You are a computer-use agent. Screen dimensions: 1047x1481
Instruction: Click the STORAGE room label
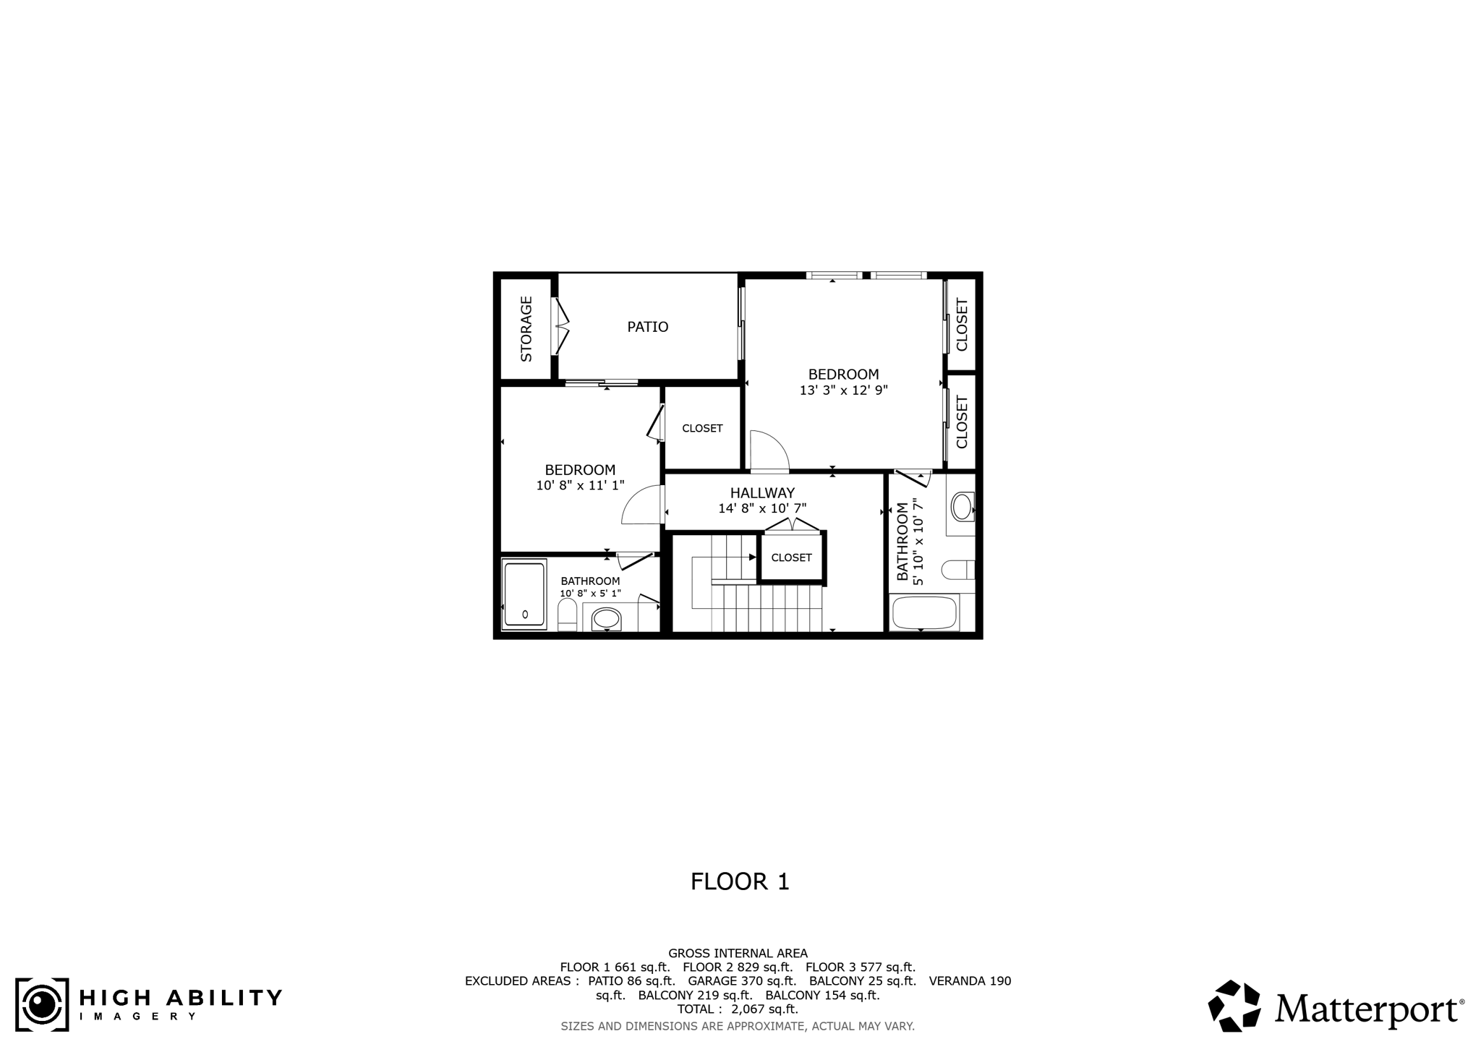pyautogui.click(x=526, y=328)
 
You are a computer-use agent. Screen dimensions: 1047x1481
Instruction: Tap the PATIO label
pyautogui.click(x=647, y=327)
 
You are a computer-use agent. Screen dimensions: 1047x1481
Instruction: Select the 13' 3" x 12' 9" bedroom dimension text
pyautogui.click(x=843, y=390)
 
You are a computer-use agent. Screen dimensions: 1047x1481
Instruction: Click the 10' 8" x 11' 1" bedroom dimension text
pyautogui.click(x=580, y=486)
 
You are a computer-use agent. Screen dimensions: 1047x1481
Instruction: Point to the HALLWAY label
pyautogui.click(x=762, y=493)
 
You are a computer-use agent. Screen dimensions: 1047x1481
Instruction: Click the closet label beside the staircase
pyautogui.click(x=791, y=557)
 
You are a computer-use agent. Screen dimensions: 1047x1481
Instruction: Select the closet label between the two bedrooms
pyautogui.click(x=702, y=428)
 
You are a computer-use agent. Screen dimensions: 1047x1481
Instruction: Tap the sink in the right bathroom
pyautogui.click(x=962, y=507)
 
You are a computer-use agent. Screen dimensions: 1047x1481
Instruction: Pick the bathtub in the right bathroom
pyautogui.click(x=925, y=613)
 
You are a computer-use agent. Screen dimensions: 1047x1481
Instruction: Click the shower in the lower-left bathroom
pyautogui.click(x=524, y=594)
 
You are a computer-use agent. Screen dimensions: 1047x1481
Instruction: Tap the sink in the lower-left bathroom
pyautogui.click(x=606, y=619)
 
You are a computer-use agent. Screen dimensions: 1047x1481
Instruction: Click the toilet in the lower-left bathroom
pyautogui.click(x=568, y=615)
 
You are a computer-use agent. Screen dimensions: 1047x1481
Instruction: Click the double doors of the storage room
pyautogui.click(x=560, y=326)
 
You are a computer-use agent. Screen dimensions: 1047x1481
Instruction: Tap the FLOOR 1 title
pyautogui.click(x=740, y=881)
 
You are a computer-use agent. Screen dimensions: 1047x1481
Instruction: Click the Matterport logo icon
pyautogui.click(x=1235, y=1006)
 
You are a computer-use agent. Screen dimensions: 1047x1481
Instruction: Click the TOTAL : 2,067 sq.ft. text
pyautogui.click(x=738, y=1009)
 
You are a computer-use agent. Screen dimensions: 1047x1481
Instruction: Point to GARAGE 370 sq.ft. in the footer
pyautogui.click(x=742, y=981)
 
